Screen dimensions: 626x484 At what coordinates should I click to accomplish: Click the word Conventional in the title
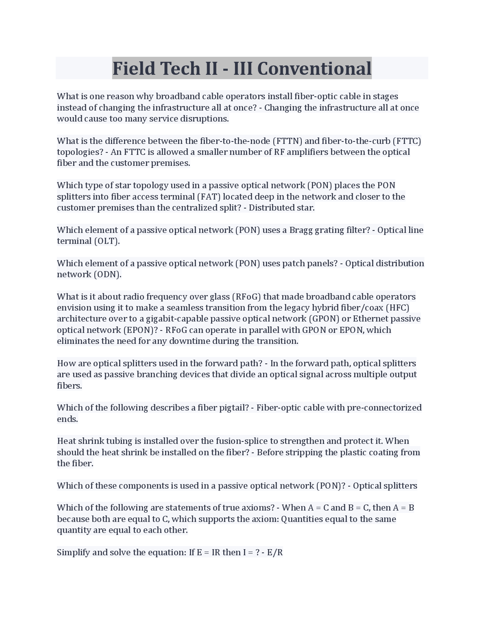click(x=314, y=68)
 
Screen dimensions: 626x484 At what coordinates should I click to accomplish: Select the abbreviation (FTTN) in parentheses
click(x=287, y=141)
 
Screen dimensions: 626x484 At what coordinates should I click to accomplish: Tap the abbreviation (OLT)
click(x=107, y=241)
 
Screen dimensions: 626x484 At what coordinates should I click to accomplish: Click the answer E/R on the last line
click(x=275, y=552)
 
